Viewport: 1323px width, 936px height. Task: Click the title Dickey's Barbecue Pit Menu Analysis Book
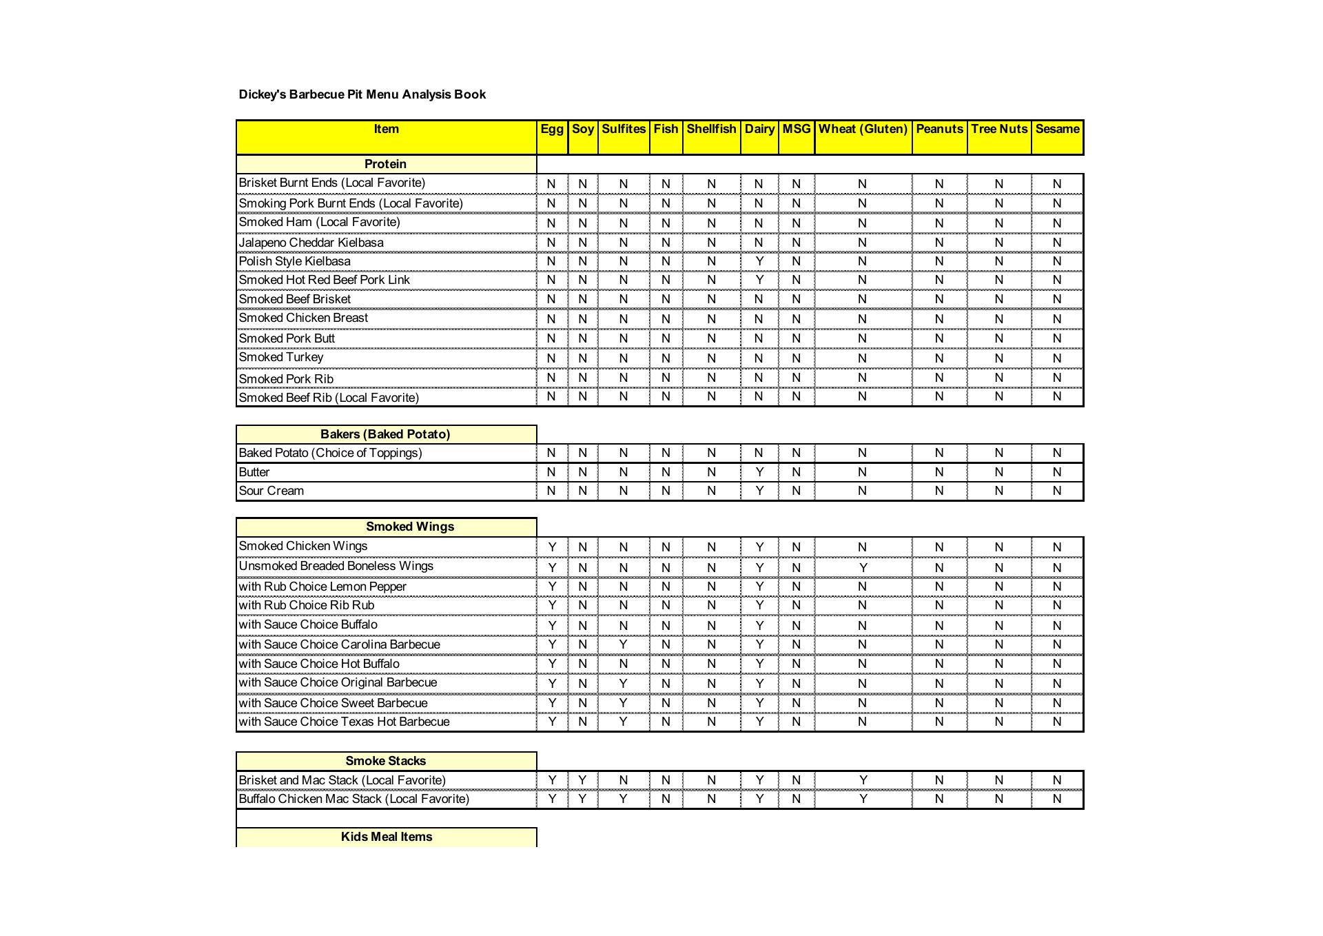pos(362,94)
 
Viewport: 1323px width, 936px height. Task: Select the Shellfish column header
pos(711,129)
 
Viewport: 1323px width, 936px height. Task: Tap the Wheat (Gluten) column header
pos(863,129)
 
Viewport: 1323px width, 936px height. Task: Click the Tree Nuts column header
pos(999,129)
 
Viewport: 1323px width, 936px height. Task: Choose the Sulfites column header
pos(624,129)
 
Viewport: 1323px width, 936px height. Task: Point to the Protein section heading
pos(385,164)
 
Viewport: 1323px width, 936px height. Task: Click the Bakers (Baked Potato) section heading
pos(385,434)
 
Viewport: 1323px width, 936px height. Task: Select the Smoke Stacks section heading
pos(385,761)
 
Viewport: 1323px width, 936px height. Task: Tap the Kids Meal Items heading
pos(386,837)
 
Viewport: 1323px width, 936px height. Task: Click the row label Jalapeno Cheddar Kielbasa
pos(311,243)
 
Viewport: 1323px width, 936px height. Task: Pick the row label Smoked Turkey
pos(281,357)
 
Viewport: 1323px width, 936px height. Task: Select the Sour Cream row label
pos(271,491)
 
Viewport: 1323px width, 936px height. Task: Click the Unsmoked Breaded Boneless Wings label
pos(336,566)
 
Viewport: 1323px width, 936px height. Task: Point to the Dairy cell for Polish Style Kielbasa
pos(759,261)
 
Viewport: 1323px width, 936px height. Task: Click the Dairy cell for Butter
pos(759,472)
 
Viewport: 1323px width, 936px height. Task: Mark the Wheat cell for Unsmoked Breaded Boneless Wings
pos(863,567)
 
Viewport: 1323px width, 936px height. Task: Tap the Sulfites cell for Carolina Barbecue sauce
pos(623,644)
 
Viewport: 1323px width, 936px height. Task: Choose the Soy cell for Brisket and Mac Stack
pos(582,780)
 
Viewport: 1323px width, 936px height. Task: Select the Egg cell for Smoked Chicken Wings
pos(552,547)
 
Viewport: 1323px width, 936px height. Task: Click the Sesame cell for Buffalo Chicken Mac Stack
pos(1057,799)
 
